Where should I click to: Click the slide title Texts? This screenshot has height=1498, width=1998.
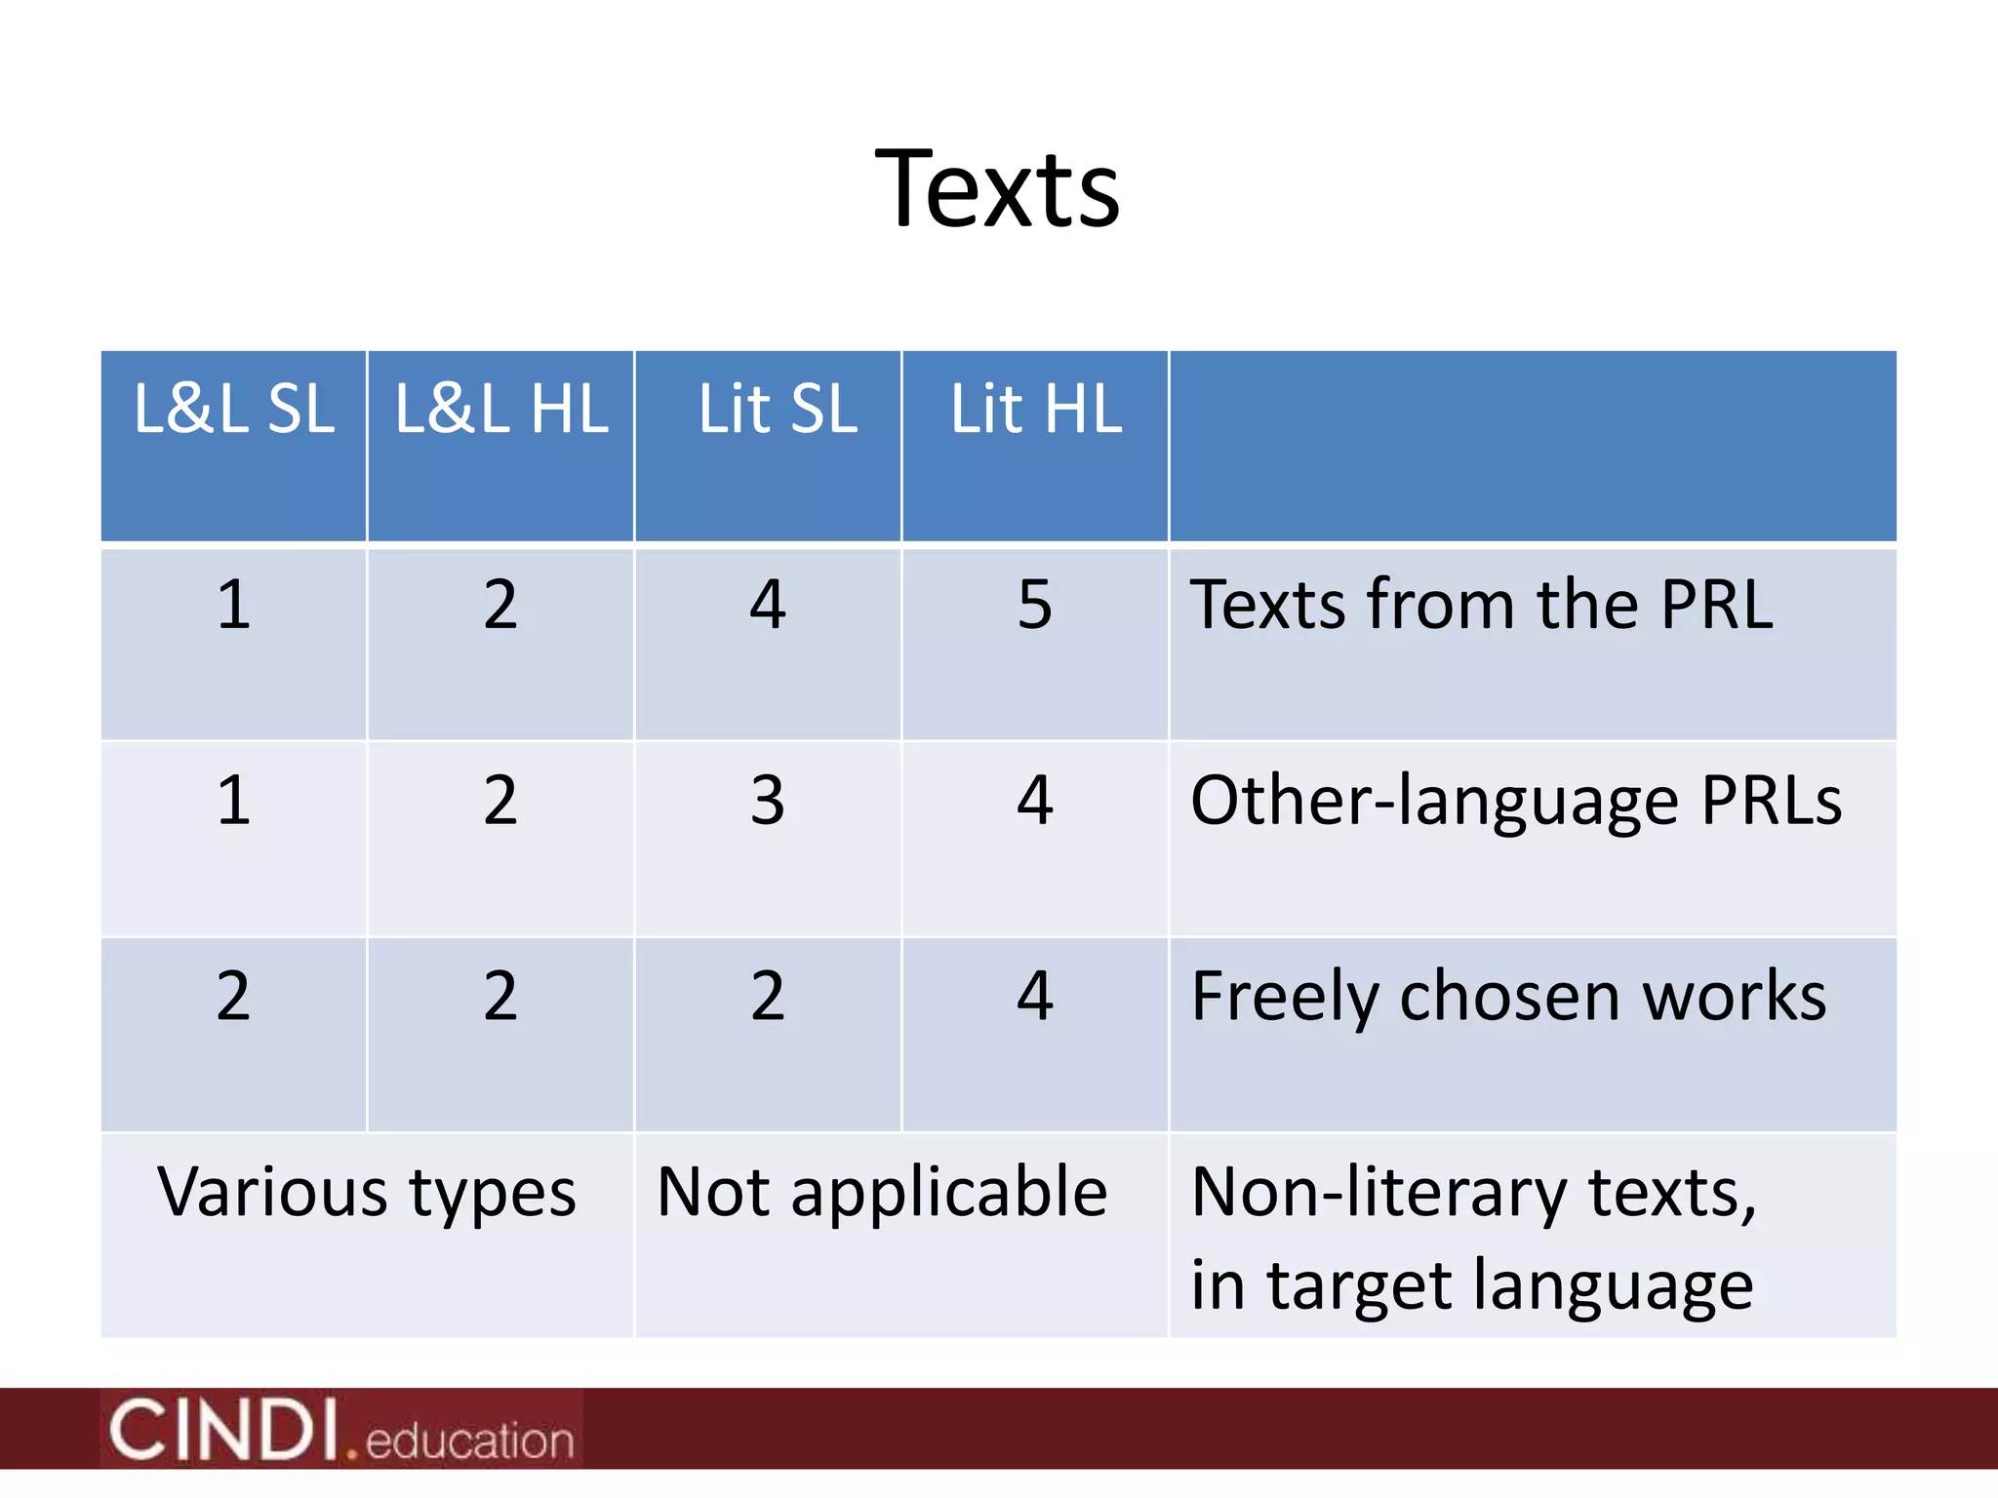(x=997, y=189)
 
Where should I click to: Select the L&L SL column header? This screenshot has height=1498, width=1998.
(x=234, y=409)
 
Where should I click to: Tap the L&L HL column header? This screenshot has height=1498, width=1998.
(x=501, y=409)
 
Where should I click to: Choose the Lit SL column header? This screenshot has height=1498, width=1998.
(x=778, y=409)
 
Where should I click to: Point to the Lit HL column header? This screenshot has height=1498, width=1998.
(x=1036, y=409)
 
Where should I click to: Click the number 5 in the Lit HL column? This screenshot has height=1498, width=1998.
(x=1035, y=605)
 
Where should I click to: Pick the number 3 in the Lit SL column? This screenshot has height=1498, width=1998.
(x=768, y=801)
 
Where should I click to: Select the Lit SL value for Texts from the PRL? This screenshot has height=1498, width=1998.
(x=768, y=605)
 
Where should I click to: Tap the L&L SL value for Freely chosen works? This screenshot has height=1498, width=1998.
(x=234, y=997)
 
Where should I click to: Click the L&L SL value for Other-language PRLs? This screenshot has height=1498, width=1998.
(x=234, y=801)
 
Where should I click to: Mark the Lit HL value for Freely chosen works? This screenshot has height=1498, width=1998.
(x=1035, y=997)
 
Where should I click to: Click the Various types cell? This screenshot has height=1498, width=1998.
(x=367, y=1193)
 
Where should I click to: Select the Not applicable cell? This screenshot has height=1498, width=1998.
(x=882, y=1193)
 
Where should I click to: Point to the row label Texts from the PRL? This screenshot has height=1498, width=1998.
(x=1481, y=605)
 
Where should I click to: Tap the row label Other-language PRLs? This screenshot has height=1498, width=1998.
(x=1515, y=802)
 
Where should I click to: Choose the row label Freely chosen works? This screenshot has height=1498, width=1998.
(x=1508, y=997)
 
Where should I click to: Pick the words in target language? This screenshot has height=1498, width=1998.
(x=1471, y=1285)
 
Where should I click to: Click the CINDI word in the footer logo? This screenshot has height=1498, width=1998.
(x=223, y=1430)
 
